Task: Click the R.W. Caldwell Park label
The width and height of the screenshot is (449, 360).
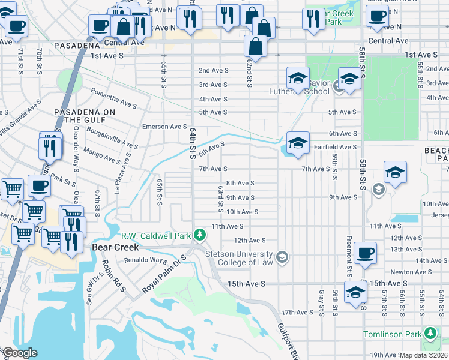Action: coord(156,235)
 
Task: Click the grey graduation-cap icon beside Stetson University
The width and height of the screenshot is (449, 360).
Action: coord(282,258)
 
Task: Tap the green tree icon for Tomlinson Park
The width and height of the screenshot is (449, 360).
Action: coord(429,333)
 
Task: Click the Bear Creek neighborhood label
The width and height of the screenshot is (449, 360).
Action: coord(115,247)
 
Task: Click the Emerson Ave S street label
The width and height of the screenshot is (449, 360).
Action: coord(164,127)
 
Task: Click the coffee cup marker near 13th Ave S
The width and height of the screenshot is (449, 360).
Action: coord(365,253)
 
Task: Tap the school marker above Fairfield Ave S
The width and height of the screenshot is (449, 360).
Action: coord(298,143)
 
